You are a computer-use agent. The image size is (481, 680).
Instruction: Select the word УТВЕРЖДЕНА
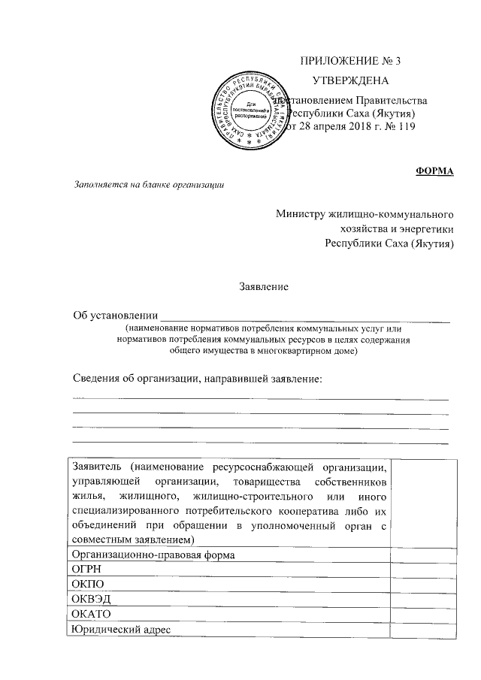click(x=350, y=80)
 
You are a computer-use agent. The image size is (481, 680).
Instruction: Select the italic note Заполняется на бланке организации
click(x=148, y=185)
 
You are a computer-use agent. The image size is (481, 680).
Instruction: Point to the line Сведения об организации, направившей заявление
click(x=197, y=377)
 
